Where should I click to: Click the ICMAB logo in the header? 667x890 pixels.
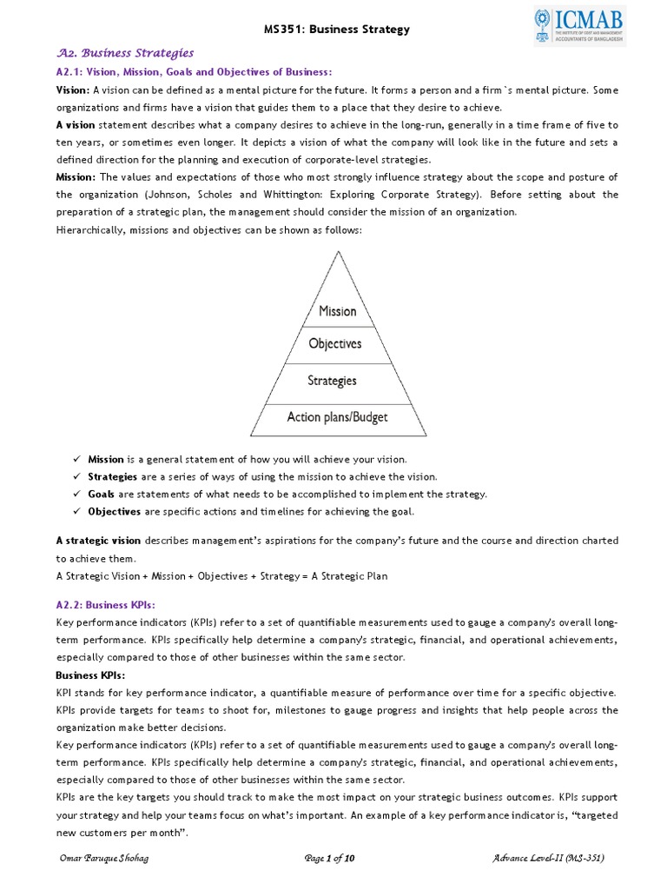point(579,26)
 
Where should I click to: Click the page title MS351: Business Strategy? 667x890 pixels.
point(336,30)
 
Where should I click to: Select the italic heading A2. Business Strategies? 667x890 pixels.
point(125,53)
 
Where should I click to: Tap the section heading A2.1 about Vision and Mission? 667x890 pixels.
point(194,71)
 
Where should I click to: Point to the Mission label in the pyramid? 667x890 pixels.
point(337,310)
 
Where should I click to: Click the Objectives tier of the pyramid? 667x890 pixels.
point(335,343)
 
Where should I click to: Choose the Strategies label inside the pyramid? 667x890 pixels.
point(332,381)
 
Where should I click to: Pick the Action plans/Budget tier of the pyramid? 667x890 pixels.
point(337,417)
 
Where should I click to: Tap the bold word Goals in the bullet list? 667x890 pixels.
point(101,494)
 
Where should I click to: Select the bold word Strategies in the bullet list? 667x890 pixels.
point(112,476)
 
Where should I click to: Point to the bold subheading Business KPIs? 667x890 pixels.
point(90,674)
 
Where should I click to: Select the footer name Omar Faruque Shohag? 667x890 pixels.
point(102,858)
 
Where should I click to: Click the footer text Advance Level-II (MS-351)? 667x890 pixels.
point(547,858)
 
